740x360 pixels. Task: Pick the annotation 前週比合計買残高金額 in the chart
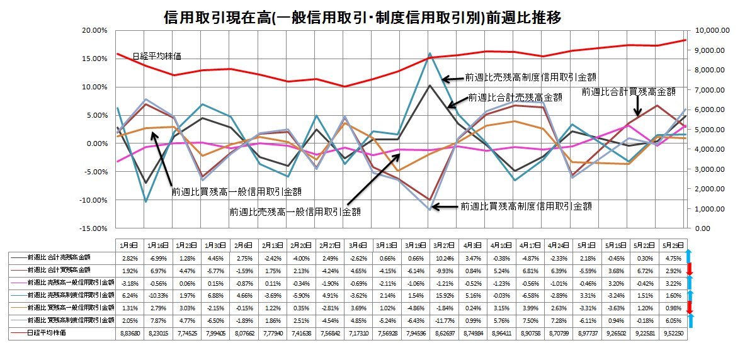[x=628, y=91]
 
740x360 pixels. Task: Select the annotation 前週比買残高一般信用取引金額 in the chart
[x=236, y=191]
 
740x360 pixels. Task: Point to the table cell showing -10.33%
[x=157, y=295]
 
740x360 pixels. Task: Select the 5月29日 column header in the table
[x=671, y=244]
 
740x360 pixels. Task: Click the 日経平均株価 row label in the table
[x=47, y=332]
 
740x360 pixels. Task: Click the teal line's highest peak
[x=430, y=53]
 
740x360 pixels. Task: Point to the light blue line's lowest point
[x=430, y=210]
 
